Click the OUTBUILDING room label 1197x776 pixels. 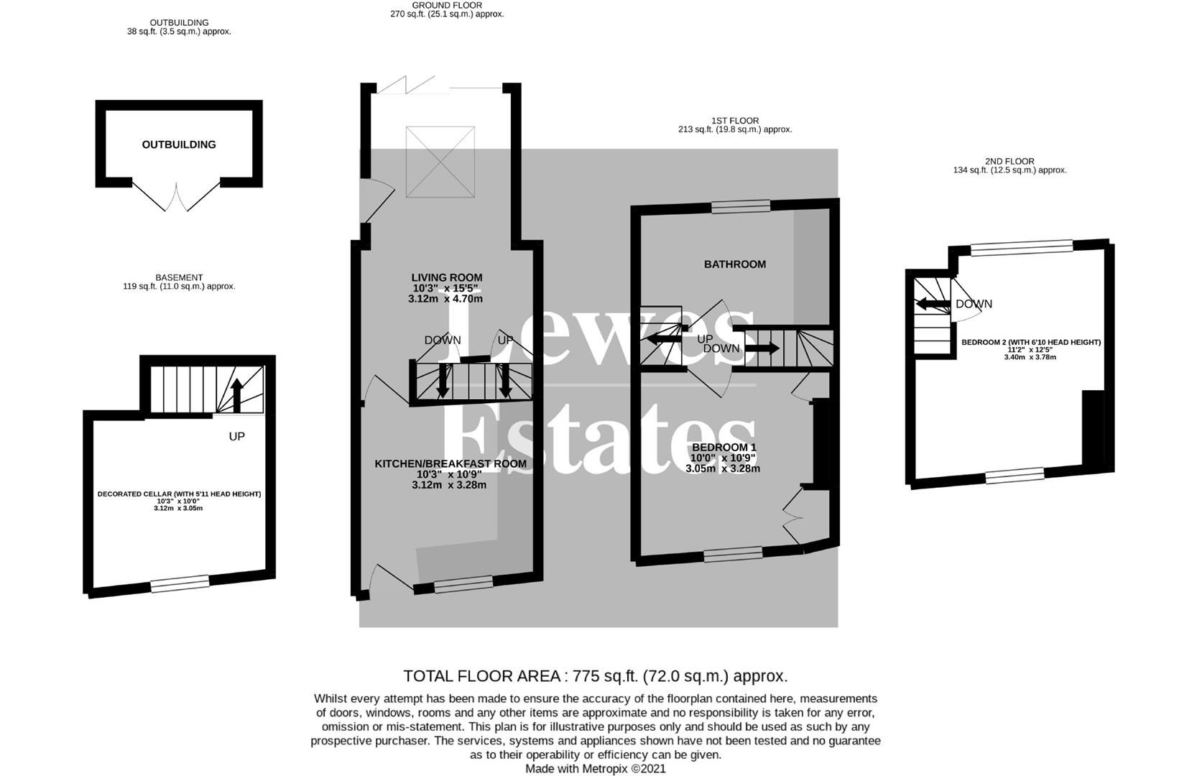(179, 144)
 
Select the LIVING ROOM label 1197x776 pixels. (446, 277)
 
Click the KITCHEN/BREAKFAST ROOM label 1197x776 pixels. (450, 464)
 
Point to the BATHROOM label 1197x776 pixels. (734, 264)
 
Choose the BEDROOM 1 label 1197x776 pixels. (724, 447)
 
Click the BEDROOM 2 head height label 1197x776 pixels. (1030, 343)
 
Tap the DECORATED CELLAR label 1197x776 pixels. (179, 494)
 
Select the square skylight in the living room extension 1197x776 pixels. (440, 162)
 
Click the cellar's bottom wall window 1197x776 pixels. (180, 583)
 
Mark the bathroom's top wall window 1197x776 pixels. (741, 207)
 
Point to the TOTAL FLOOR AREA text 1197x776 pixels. (595, 676)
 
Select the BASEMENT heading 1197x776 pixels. (179, 277)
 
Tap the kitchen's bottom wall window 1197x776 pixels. (463, 585)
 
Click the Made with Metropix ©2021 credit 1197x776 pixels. (595, 769)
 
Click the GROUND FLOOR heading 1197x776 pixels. (446, 5)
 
